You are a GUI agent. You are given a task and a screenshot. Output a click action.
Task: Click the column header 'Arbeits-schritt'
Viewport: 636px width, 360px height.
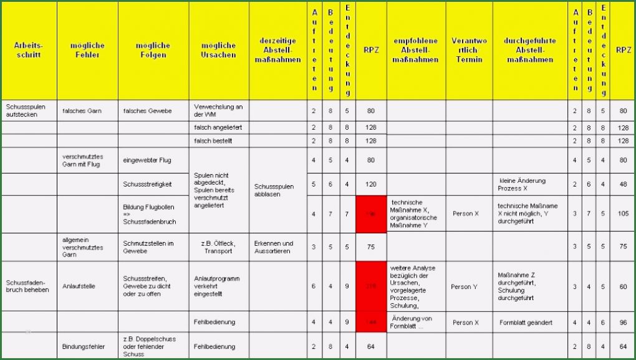pyautogui.click(x=28, y=50)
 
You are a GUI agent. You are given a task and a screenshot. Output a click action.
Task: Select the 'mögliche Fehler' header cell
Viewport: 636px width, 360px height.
pyautogui.click(x=87, y=50)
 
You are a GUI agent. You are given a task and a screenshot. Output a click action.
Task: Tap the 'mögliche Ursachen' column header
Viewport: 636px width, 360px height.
pyautogui.click(x=219, y=50)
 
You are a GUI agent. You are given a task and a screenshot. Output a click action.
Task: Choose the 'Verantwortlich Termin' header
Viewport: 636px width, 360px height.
pyautogui.click(x=469, y=50)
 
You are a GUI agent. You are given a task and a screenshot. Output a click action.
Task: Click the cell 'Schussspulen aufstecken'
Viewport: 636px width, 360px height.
pyautogui.click(x=23, y=110)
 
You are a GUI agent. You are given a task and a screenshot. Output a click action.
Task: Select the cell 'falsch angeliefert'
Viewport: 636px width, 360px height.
pyautogui.click(x=213, y=127)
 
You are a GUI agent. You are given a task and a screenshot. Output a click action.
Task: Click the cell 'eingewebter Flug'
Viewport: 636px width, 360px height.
pyautogui.click(x=147, y=160)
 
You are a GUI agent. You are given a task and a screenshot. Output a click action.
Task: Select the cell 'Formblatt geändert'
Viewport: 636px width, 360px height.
pyautogui.click(x=526, y=323)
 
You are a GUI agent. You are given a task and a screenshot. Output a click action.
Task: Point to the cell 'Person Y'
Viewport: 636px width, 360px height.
pyautogui.click(x=465, y=287)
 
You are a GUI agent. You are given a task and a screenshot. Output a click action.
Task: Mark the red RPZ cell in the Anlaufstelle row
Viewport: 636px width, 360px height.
pyautogui.click(x=370, y=286)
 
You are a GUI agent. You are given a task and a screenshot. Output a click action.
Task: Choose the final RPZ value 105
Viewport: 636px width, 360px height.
pyautogui.click(x=622, y=213)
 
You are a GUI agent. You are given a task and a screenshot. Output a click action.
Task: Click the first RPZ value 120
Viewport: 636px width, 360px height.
pyautogui.click(x=370, y=185)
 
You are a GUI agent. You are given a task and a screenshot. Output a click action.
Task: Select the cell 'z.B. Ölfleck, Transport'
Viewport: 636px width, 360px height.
pyautogui.click(x=218, y=247)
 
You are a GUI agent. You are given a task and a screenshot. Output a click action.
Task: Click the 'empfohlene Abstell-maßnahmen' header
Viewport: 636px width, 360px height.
pyautogui.click(x=416, y=50)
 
